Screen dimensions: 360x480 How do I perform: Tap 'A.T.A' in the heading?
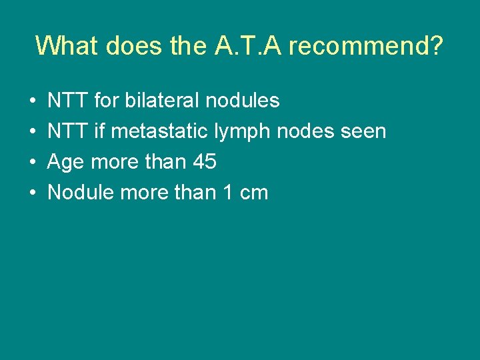253,45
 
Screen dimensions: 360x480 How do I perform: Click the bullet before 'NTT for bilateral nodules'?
33,101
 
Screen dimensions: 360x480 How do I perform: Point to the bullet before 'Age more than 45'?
33,163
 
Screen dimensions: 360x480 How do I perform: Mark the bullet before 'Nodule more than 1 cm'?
33,193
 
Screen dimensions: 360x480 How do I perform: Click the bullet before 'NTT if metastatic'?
33,132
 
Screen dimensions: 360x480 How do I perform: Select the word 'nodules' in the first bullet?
243,101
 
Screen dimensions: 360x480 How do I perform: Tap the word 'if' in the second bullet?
99,131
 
